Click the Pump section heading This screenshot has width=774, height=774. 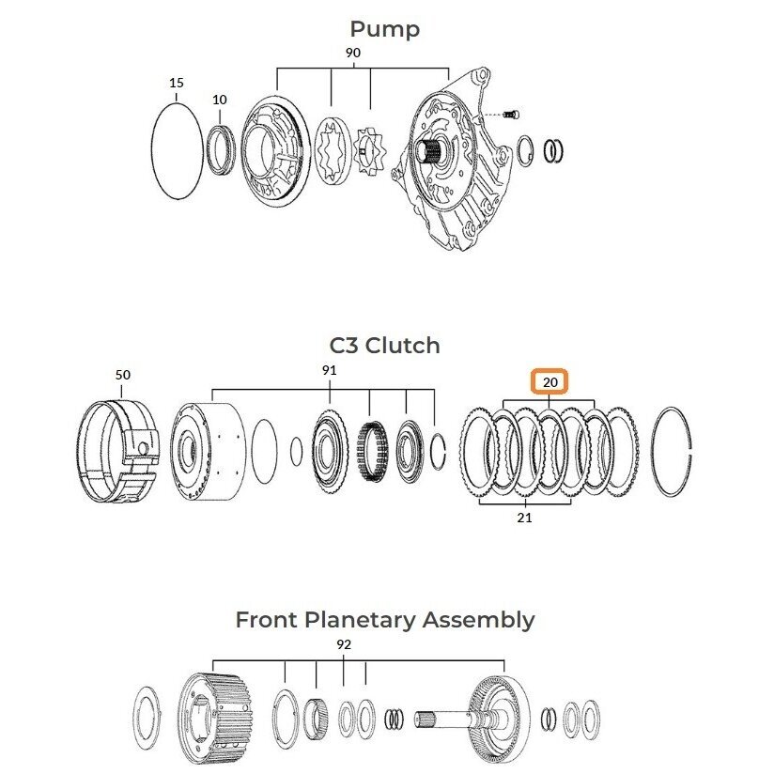click(384, 29)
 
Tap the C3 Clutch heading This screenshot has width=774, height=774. click(384, 346)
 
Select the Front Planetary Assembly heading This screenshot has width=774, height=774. click(385, 620)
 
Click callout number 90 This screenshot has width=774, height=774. click(352, 53)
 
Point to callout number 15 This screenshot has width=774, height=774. click(177, 83)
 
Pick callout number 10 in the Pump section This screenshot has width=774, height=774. click(220, 100)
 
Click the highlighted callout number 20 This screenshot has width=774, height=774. click(550, 382)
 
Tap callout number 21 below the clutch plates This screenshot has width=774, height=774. click(525, 518)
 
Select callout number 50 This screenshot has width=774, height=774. click(123, 375)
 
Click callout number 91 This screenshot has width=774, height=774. click(330, 370)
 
